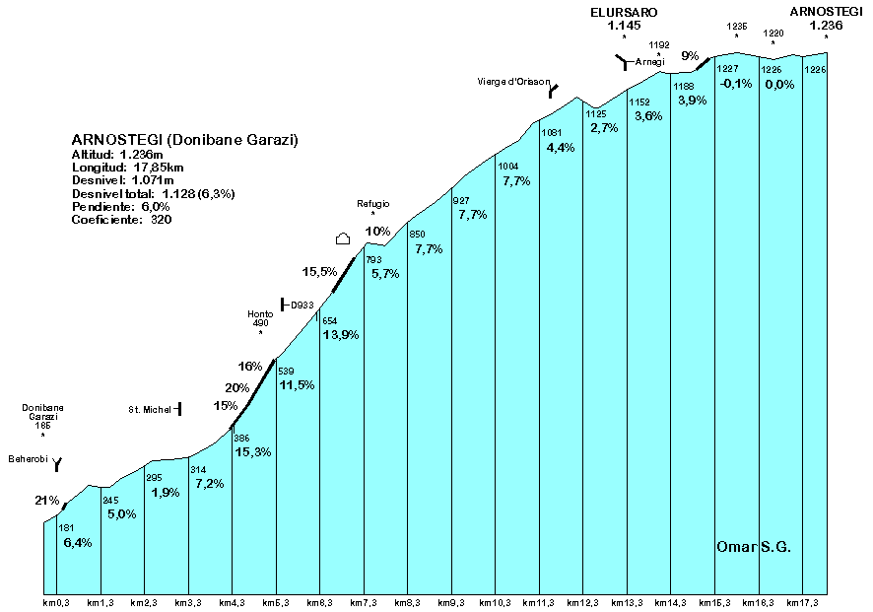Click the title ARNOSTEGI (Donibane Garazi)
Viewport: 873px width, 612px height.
[185, 140]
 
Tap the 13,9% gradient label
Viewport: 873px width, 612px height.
[340, 335]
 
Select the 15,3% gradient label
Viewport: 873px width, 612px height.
[253, 451]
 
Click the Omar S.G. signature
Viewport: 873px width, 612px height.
[754, 547]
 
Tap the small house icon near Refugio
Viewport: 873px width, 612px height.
[343, 238]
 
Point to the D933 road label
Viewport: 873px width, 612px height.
[302, 306]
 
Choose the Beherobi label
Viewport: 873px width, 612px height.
[29, 459]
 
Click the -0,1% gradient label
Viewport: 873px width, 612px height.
[735, 84]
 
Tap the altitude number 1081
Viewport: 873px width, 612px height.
[552, 132]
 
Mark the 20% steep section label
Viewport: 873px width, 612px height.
[236, 387]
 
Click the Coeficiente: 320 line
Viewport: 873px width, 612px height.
[122, 220]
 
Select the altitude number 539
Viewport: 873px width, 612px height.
[286, 371]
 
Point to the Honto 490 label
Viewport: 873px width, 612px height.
[259, 318]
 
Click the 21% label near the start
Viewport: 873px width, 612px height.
[47, 501]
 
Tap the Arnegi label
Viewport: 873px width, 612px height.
[650, 62]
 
